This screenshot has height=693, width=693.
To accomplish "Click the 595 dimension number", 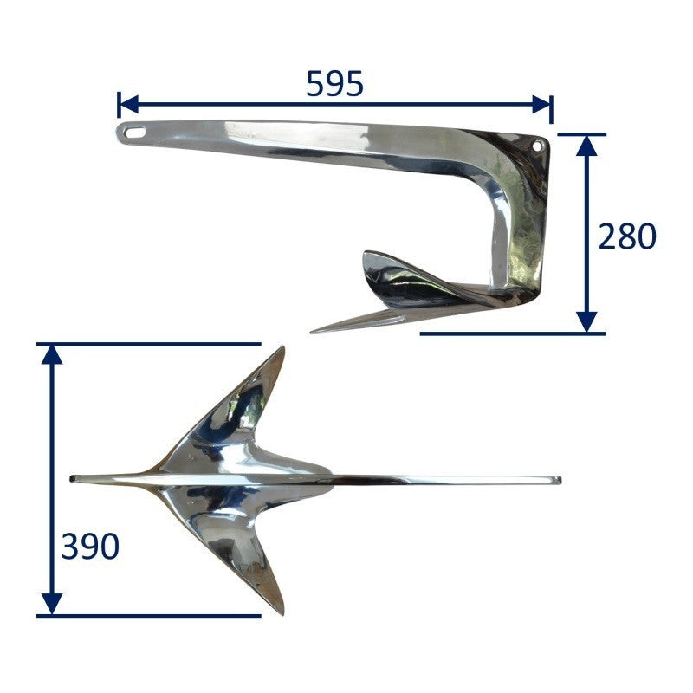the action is (334, 84).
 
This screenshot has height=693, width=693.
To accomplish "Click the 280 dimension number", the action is (626, 236).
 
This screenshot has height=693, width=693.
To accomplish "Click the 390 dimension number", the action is (90, 547).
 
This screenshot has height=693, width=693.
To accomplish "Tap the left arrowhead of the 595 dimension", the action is (129, 104).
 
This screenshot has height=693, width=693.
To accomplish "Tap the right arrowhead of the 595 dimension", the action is (541, 104).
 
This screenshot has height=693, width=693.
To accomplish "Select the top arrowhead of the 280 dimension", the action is (587, 146).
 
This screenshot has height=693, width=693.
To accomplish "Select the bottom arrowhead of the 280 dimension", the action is (587, 321).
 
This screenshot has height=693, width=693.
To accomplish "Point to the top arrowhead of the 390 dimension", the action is (52, 355).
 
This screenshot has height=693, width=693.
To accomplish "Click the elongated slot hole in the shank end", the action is (135, 133).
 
